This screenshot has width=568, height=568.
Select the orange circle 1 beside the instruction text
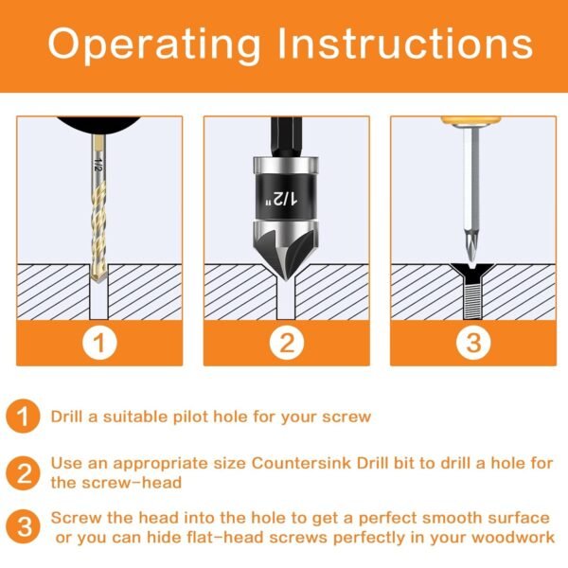[x=24, y=417]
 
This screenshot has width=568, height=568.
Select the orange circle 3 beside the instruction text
[x=24, y=526]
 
